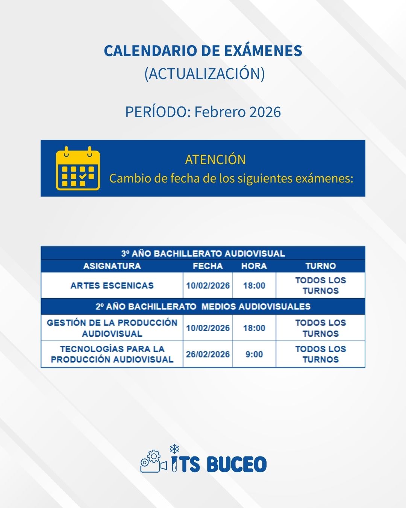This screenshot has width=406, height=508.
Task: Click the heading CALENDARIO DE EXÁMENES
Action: click(x=203, y=51)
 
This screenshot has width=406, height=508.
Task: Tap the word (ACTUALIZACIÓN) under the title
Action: click(x=205, y=74)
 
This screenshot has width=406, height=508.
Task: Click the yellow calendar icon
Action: click(x=78, y=168)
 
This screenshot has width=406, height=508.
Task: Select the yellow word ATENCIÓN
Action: click(x=215, y=160)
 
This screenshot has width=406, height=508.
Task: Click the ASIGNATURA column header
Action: click(x=112, y=266)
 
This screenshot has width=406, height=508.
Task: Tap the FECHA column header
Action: click(x=208, y=266)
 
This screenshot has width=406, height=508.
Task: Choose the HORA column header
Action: click(x=254, y=266)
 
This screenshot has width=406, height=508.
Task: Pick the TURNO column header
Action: click(x=320, y=266)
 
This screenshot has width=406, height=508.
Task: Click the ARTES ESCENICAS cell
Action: click(x=112, y=286)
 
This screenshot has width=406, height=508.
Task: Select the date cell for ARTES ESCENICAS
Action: click(x=208, y=286)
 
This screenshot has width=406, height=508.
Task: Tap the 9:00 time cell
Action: click(x=254, y=354)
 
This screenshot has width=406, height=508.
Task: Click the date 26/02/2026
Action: click(x=208, y=354)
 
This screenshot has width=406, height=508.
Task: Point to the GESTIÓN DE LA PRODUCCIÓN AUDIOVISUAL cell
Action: click(x=112, y=328)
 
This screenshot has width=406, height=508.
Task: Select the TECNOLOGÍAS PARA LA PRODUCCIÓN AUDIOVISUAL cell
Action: click(x=112, y=354)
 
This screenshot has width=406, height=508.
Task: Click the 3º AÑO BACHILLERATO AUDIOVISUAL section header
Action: click(x=203, y=253)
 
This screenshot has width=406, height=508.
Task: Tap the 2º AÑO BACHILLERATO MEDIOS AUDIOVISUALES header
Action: click(x=203, y=307)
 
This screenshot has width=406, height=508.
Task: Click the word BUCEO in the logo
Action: click(x=236, y=464)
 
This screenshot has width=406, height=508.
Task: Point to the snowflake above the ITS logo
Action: click(x=174, y=449)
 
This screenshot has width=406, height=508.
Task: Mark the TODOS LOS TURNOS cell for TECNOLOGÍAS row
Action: click(x=320, y=354)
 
